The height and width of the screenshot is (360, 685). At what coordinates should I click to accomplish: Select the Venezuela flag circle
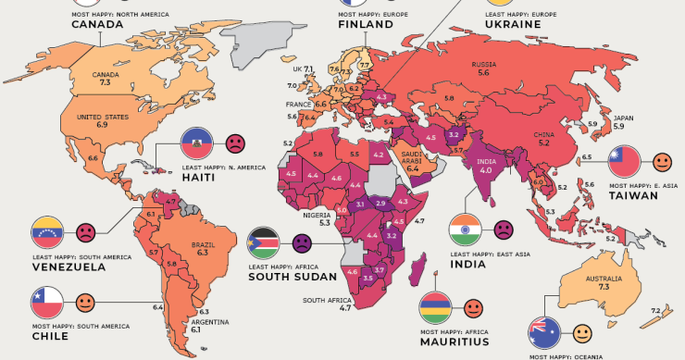click(47, 230)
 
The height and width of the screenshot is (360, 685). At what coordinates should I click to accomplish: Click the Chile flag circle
click(47, 302)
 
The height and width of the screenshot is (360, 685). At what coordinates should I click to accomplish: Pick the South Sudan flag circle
click(263, 244)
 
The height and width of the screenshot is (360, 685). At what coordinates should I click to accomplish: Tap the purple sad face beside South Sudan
click(301, 244)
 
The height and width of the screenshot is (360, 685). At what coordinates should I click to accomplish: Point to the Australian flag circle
click(543, 332)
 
